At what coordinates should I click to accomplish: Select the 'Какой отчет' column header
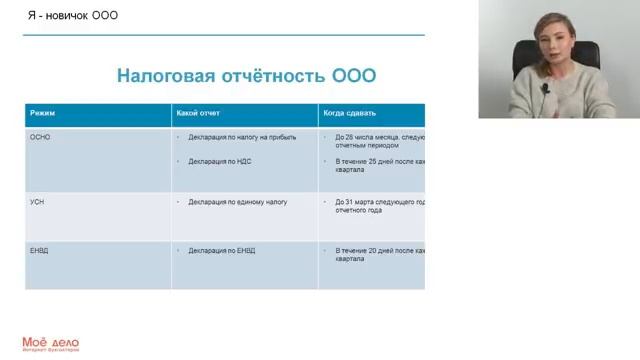[x=198, y=113]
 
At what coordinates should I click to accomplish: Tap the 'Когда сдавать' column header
[x=349, y=113]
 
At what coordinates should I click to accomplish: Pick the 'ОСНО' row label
[x=41, y=137]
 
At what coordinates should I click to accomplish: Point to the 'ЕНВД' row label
[x=40, y=250]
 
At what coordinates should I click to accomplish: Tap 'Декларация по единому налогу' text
[x=237, y=201]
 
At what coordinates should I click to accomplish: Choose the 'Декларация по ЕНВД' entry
[x=221, y=250]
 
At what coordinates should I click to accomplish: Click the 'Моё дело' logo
[x=50, y=343]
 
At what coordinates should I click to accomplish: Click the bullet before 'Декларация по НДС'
[x=178, y=160]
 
